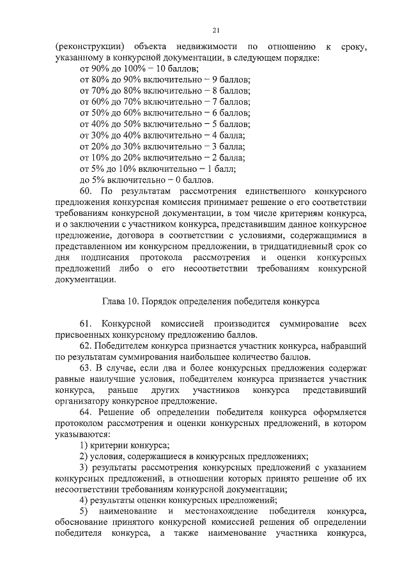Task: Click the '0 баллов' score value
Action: [x=194, y=180]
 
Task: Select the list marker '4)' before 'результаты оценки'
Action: [x=83, y=501]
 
